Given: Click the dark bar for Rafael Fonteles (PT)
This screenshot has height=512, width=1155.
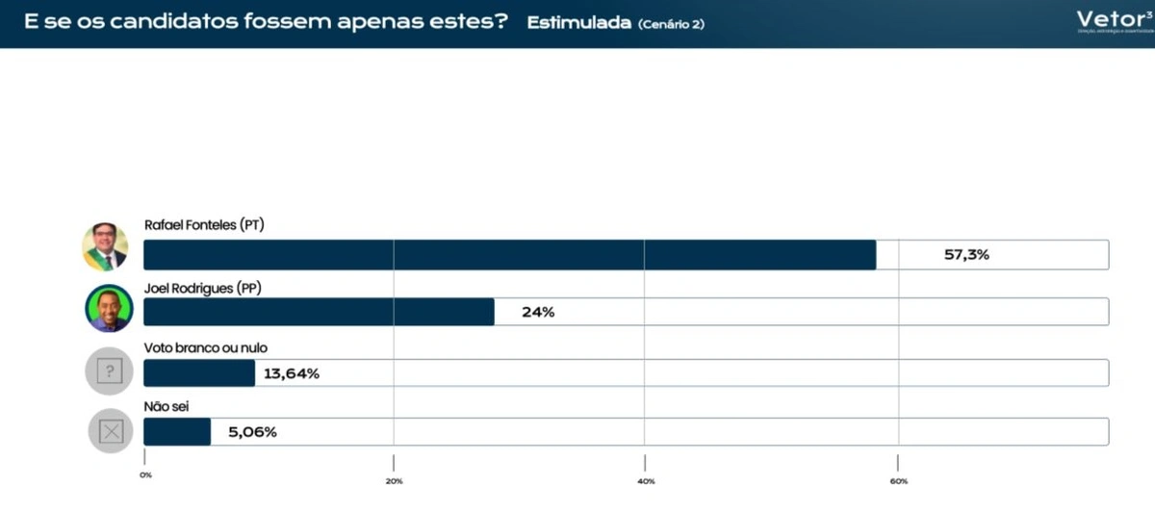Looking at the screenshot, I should pos(509,255).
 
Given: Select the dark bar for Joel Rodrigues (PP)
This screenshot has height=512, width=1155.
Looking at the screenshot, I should pos(319,312).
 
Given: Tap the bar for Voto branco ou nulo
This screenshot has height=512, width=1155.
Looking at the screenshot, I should pos(199,372).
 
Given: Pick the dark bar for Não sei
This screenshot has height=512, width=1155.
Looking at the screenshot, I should pos(177,432).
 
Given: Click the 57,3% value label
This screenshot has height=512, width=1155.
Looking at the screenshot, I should pos(966,255).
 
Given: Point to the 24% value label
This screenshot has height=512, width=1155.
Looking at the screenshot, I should pos(538,312).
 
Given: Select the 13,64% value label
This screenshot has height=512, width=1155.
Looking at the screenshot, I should pos(292,373).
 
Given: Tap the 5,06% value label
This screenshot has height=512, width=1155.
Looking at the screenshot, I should pos(252,432).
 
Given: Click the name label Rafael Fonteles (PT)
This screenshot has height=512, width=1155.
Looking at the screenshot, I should pos(204,225).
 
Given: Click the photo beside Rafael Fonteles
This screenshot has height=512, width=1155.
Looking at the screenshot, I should pos(105,247).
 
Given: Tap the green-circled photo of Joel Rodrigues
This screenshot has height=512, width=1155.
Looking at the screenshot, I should pos(109,308).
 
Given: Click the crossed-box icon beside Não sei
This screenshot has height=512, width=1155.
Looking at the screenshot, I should pos(111,431).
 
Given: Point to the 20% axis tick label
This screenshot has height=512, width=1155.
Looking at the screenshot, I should pos(393,480).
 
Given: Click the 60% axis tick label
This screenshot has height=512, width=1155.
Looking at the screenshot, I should pos(898,480).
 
